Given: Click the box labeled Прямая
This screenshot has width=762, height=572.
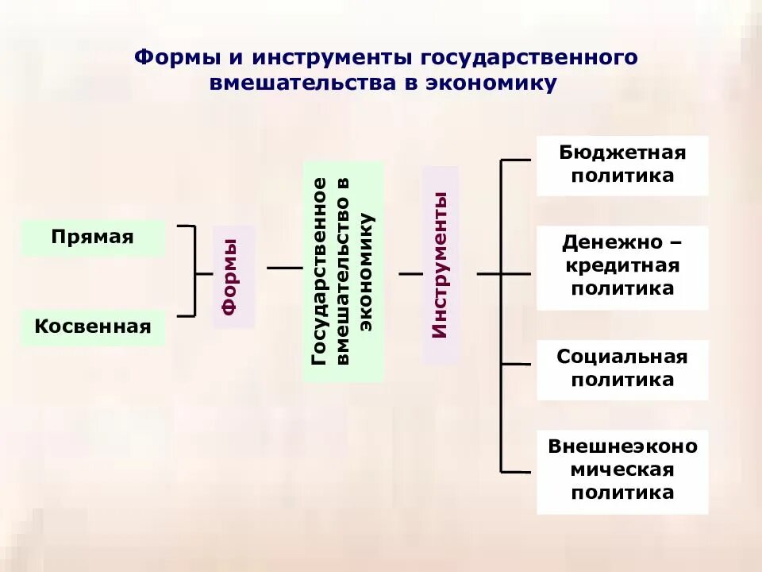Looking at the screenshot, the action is (93, 238).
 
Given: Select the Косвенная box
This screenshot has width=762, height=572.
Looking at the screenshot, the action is (93, 327).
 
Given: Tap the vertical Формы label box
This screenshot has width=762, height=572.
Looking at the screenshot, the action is (233, 276).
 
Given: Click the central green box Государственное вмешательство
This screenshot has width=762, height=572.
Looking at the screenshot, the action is (343, 272).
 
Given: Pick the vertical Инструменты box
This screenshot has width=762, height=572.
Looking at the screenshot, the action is (441, 265).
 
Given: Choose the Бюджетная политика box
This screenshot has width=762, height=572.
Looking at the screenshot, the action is (622, 164).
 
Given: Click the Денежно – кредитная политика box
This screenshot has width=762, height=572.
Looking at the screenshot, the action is (622, 267).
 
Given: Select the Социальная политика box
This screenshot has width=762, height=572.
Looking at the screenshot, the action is (622, 369).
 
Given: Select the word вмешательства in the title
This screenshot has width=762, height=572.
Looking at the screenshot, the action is (304, 83).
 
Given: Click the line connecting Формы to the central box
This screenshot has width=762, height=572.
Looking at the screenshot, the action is (284, 269).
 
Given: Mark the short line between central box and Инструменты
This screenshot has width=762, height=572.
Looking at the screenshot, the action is (410, 273).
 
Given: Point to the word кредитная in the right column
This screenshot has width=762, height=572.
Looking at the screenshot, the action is (622, 265).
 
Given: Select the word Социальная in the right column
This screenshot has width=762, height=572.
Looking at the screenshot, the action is (622, 357).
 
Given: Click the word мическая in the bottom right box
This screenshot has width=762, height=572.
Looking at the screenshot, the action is (622, 470).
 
